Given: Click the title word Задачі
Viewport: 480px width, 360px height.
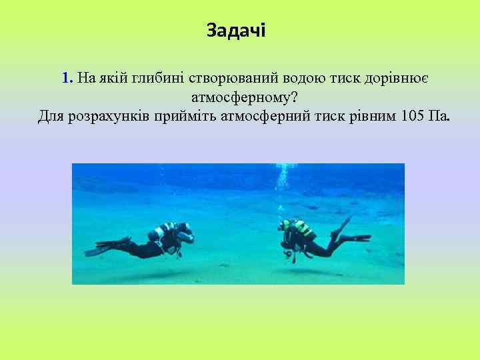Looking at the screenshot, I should pyautogui.click(x=235, y=31).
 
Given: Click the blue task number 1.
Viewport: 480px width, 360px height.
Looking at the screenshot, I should pyautogui.click(x=66, y=78).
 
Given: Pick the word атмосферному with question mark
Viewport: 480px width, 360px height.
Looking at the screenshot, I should pyautogui.click(x=243, y=98).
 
